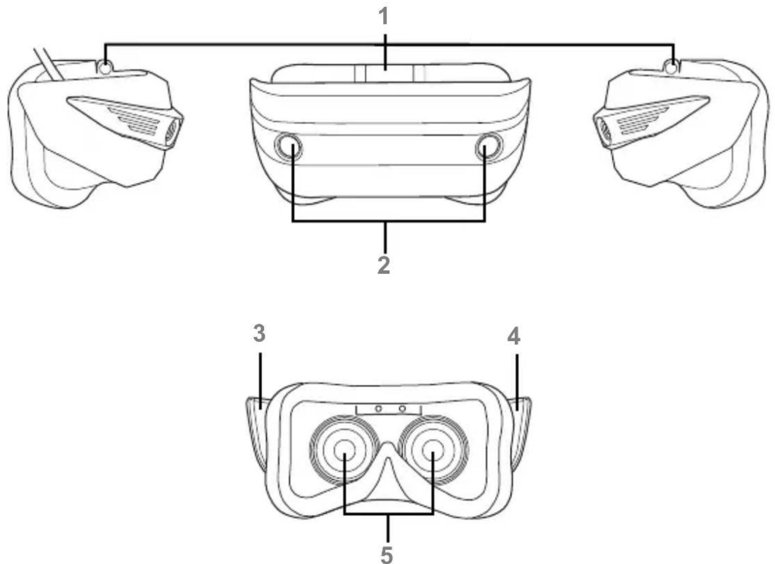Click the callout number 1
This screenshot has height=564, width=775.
pos(383,17)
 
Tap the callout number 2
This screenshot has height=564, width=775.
pos(384,266)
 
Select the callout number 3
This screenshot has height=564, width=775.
pos(259,333)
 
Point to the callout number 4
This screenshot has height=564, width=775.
pos(514,336)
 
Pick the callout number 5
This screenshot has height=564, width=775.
pos(387,555)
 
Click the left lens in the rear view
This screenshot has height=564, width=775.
pos(345,450)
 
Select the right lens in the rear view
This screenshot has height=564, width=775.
pos(433,450)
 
